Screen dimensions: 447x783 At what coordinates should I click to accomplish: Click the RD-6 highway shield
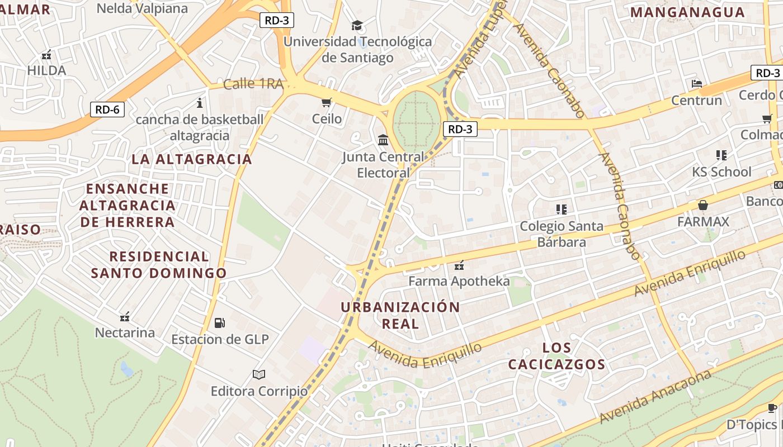(107, 110)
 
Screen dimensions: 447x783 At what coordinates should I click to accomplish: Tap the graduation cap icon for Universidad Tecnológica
(357, 25)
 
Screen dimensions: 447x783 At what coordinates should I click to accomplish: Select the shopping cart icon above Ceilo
(327, 102)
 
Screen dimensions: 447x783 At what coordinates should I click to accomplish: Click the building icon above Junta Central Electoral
(383, 140)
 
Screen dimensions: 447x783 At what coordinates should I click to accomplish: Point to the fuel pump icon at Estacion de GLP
(220, 322)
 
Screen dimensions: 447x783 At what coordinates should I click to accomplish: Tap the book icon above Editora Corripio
(258, 374)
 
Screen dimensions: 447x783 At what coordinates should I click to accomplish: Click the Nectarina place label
(125, 332)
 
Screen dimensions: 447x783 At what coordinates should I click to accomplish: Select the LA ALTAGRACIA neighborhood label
(192, 159)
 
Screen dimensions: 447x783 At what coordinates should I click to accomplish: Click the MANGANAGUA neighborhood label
(687, 12)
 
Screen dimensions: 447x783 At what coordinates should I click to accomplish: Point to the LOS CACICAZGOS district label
(556, 356)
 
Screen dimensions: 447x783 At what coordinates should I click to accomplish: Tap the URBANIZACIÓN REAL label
(400, 315)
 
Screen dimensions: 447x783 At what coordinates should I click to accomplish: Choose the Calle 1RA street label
(253, 84)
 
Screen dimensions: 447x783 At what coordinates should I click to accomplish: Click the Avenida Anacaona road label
(655, 397)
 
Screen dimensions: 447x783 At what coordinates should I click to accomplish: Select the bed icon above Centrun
(696, 84)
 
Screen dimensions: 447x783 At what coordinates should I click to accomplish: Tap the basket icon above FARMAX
(703, 205)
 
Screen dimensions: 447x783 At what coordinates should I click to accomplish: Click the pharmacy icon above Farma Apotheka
(459, 265)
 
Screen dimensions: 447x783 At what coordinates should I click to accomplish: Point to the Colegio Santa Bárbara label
(562, 234)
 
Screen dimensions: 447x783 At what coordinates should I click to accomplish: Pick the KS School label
(721, 172)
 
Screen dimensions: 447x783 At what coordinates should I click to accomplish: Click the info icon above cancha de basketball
(200, 103)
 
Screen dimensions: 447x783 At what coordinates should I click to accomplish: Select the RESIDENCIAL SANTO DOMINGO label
(159, 265)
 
